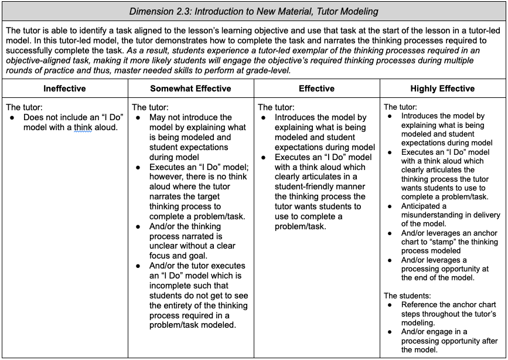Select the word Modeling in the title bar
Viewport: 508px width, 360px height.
click(358, 11)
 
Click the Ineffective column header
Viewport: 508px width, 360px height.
click(64, 89)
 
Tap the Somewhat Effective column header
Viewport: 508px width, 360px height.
click(190, 89)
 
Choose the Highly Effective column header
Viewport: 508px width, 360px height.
click(442, 89)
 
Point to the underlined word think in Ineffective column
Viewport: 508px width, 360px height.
click(83, 127)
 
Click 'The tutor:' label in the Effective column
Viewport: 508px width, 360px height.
click(277, 107)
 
